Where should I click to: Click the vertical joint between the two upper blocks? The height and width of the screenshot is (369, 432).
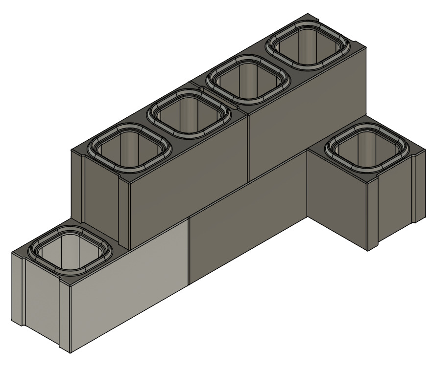pyautogui.click(x=249, y=147)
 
